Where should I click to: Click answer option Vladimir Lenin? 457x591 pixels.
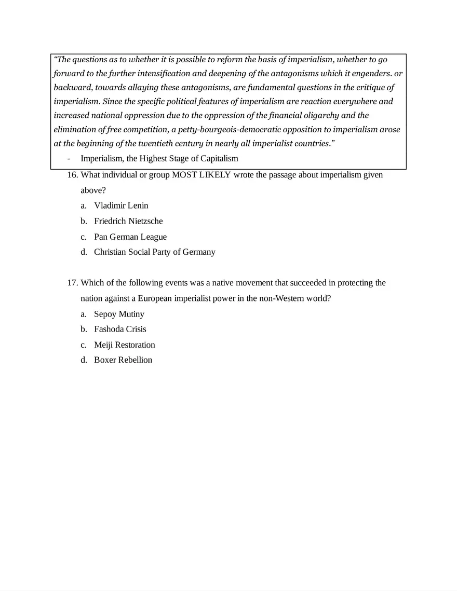pos(121,205)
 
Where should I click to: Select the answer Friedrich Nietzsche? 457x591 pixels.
pos(128,221)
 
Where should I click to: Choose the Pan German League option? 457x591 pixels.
pos(130,237)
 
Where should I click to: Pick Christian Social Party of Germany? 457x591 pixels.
pos(154,252)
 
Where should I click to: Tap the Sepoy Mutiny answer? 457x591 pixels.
pos(119,314)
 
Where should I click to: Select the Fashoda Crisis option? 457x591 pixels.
pos(120,329)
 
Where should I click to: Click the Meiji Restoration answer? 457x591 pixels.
pos(124,345)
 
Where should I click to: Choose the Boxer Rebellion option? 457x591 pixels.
pos(123,360)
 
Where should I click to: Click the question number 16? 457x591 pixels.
pos(73,175)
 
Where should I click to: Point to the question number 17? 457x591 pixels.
pos(73,283)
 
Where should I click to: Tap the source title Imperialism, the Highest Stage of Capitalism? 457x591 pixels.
pos(159,159)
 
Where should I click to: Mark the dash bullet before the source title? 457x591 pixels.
pos(69,159)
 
